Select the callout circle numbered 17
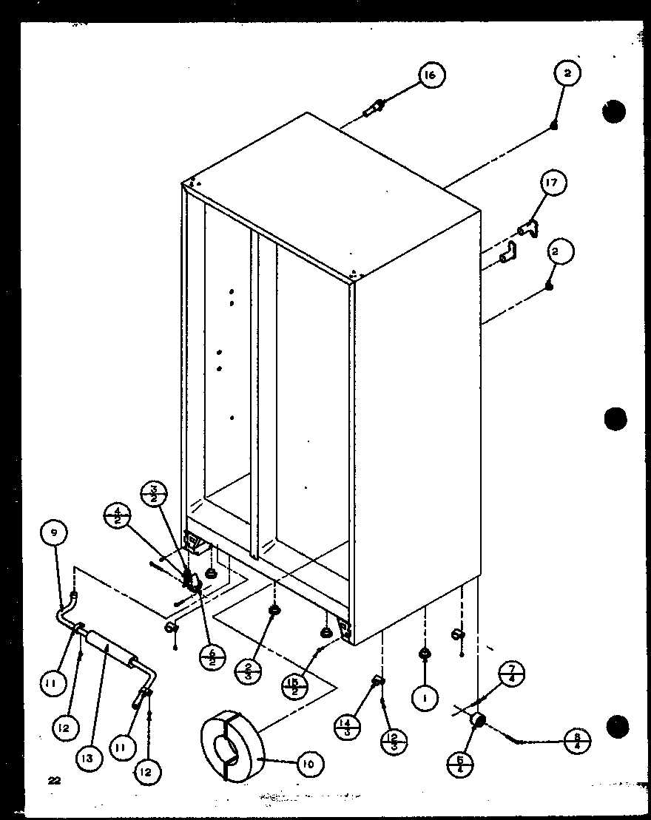[x=555, y=183]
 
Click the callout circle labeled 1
[x=425, y=698]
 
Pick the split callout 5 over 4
[x=462, y=762]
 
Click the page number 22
[x=53, y=780]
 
